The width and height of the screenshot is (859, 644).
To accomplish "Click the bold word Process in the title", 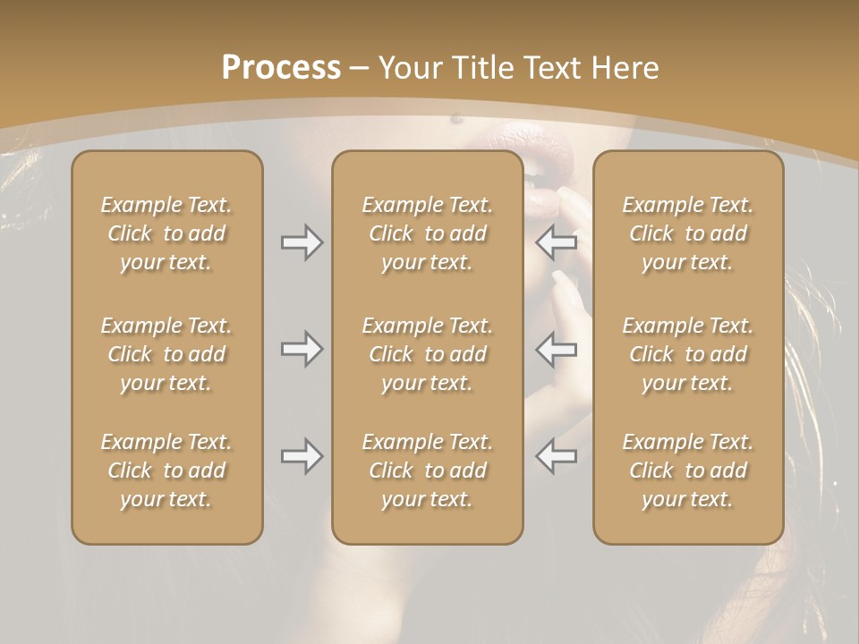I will coord(281,68).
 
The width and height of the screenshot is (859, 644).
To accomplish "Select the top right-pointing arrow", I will coord(302,242).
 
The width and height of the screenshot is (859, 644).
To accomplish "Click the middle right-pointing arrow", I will coord(302,349).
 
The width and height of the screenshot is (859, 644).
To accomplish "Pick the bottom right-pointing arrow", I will coord(302,456).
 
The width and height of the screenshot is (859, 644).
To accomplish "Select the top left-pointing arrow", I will coord(556,241).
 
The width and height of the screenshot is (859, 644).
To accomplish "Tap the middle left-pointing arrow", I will coord(556,349).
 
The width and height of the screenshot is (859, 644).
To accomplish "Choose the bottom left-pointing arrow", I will coord(556,455).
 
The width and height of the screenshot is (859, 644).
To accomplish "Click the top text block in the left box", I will coord(166,233).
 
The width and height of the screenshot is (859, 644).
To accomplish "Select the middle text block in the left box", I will coord(166,354).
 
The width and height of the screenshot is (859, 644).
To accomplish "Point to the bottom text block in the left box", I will coord(166,470).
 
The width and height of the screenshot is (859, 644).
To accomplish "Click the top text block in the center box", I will coord(427,233).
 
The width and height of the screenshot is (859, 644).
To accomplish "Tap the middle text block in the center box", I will coord(427,354).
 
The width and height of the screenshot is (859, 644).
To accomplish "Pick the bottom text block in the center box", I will coord(427,470).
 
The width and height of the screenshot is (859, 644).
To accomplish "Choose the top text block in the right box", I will coord(687,233).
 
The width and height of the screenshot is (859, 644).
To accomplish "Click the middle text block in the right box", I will coord(687,354).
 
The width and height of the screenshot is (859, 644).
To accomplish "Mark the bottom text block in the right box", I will coord(687,470).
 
